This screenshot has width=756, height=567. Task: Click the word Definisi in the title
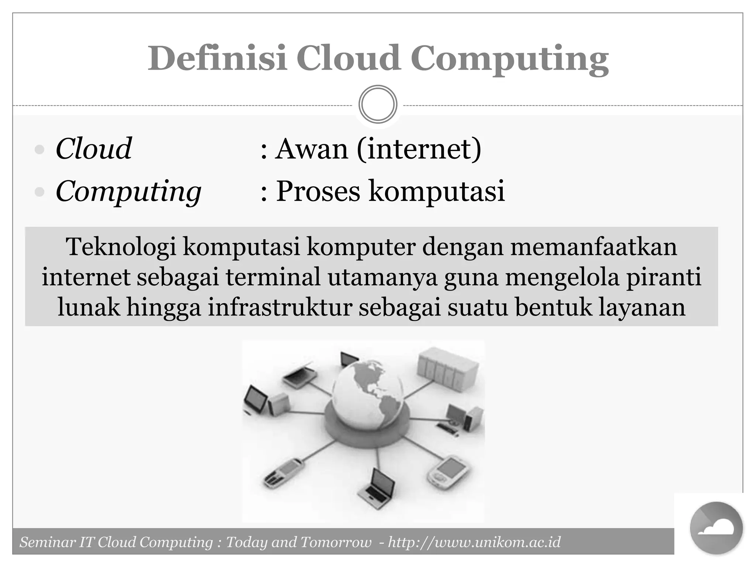coord(217,58)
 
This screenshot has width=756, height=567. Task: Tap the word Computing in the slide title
coord(509,59)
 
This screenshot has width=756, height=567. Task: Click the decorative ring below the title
coord(378,104)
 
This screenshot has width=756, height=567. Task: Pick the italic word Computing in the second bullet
coord(128,191)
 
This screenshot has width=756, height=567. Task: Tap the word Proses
coord(318,191)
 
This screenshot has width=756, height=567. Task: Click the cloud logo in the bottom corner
coord(716,528)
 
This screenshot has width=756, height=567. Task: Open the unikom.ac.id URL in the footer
coord(474,542)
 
